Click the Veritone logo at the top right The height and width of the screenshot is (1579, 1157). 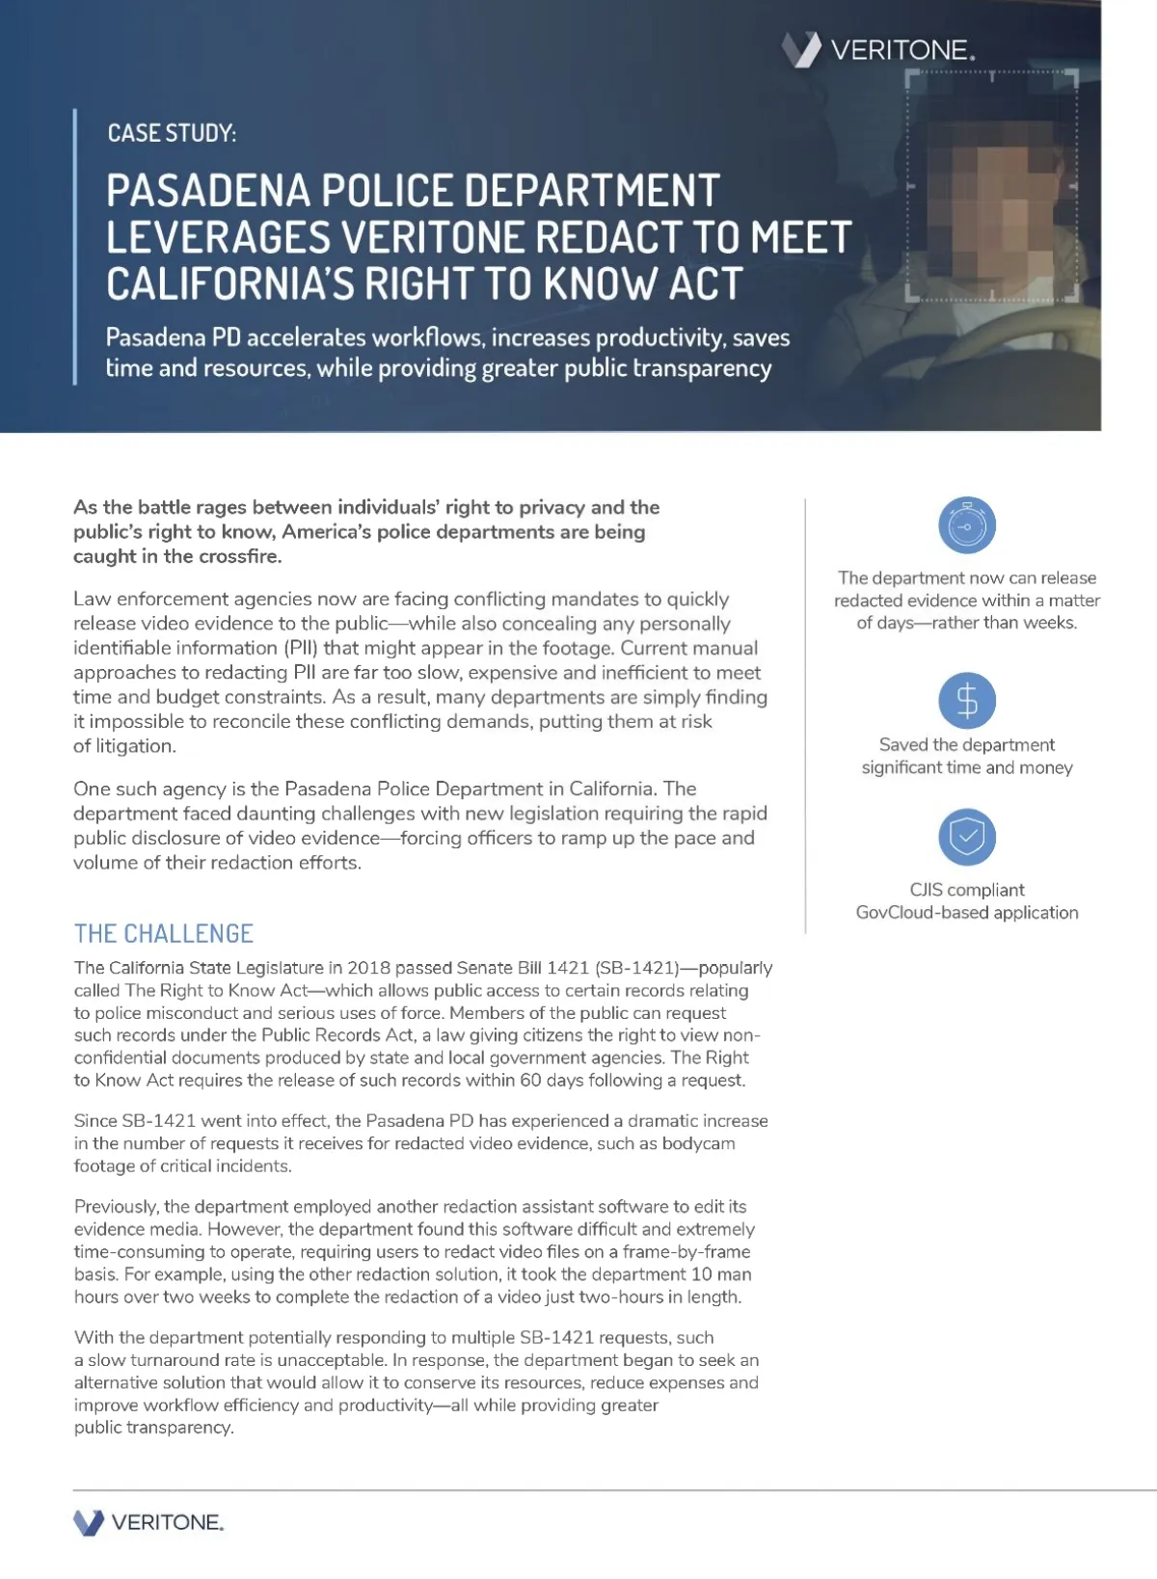[877, 49]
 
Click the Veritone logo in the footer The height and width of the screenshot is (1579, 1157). [148, 1522]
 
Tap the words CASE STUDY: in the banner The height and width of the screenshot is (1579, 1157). [172, 133]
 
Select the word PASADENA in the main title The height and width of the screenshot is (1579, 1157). [207, 191]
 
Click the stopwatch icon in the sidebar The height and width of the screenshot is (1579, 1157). [966, 526]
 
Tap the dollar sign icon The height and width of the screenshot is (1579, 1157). [966, 701]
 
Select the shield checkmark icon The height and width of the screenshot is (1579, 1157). [966, 837]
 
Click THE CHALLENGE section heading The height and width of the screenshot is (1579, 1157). [164, 933]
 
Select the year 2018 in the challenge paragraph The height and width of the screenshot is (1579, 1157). [368, 968]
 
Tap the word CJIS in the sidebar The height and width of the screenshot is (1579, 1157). [928, 890]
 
